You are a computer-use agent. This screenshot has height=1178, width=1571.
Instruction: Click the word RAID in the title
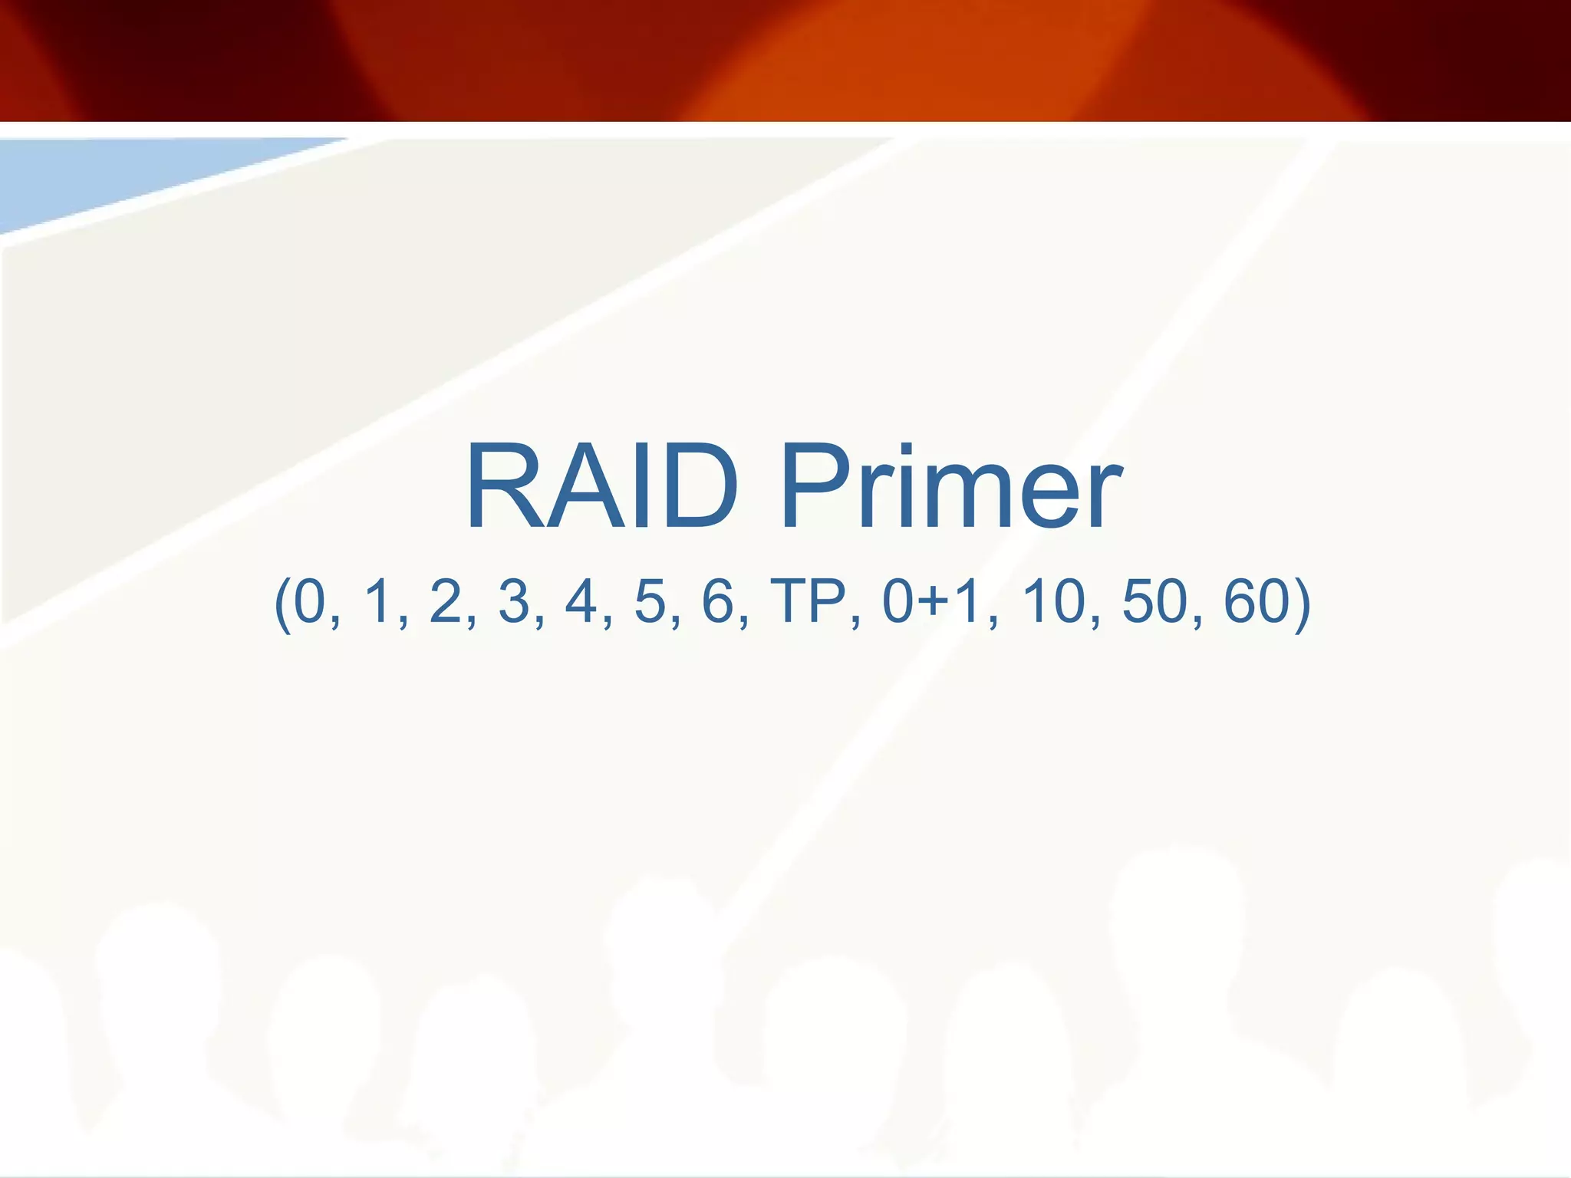pyautogui.click(x=601, y=487)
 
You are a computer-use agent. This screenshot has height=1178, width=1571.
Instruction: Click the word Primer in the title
pyautogui.click(x=951, y=487)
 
